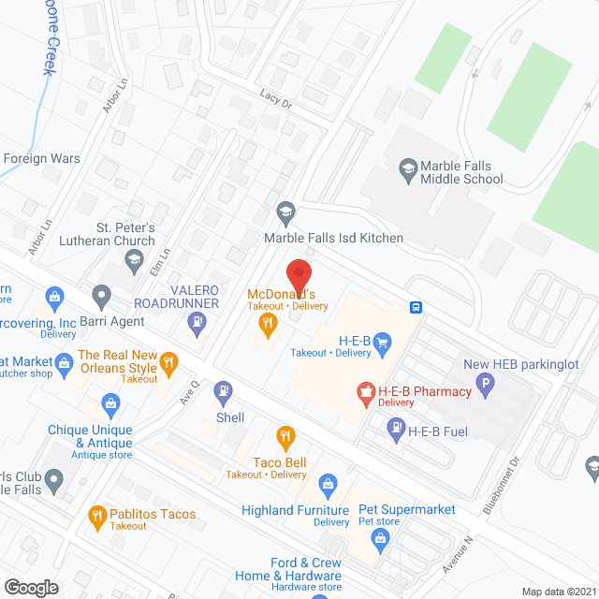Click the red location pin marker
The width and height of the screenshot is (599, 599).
click(299, 275)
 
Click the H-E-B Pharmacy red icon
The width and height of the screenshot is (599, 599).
click(365, 390)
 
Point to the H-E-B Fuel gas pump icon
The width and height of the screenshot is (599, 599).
click(394, 430)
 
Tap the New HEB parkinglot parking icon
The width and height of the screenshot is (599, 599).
click(485, 382)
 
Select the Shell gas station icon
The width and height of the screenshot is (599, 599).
click(223, 391)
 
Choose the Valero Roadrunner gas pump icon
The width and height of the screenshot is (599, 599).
click(197, 326)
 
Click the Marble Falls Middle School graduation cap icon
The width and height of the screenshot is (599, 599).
click(407, 168)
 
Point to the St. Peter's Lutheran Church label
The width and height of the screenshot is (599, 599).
click(127, 234)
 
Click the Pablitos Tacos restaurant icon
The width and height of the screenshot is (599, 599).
click(96, 515)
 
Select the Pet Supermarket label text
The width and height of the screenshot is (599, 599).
click(407, 509)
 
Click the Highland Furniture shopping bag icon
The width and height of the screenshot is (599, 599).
click(327, 484)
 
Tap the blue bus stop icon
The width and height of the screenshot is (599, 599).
click(416, 306)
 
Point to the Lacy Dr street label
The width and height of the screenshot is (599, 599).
click(276, 99)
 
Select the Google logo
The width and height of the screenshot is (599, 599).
click(30, 587)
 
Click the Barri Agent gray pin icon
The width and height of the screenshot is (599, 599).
click(101, 297)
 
